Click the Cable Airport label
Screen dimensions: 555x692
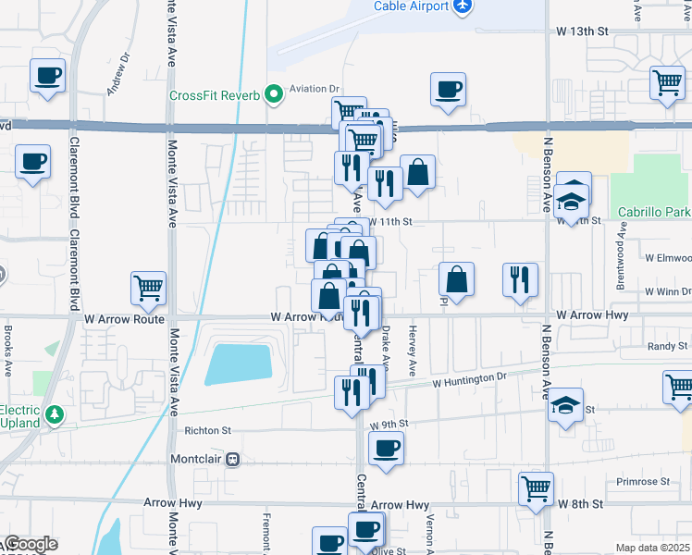[411, 6]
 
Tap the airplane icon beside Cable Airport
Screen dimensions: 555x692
[463, 6]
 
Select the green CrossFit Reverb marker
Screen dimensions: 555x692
[273, 95]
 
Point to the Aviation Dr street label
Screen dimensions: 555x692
[315, 89]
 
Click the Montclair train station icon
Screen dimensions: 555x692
[234, 458]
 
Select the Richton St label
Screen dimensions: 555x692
[207, 430]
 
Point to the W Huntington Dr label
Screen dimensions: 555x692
[471, 379]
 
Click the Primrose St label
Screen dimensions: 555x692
[644, 482]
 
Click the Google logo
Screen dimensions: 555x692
[31, 544]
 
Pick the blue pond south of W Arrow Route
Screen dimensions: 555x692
[239, 364]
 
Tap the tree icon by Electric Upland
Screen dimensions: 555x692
[55, 413]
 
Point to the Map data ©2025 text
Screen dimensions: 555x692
[653, 547]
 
